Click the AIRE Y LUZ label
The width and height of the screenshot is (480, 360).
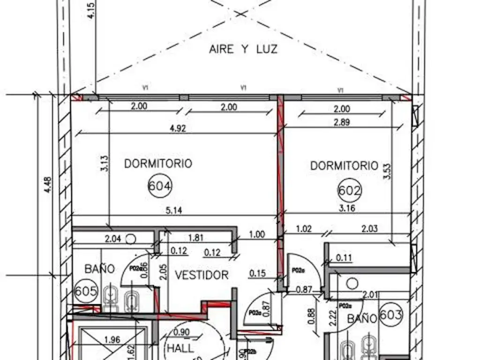tap(243, 49)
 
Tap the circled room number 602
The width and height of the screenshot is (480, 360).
tap(350, 191)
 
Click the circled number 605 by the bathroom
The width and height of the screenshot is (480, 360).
tap(86, 292)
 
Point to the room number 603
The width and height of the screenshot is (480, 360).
tap(390, 314)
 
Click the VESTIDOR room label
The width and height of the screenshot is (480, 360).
tap(202, 275)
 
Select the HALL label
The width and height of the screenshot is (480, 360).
tap(180, 349)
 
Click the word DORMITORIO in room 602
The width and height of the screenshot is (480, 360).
tap(344, 165)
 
